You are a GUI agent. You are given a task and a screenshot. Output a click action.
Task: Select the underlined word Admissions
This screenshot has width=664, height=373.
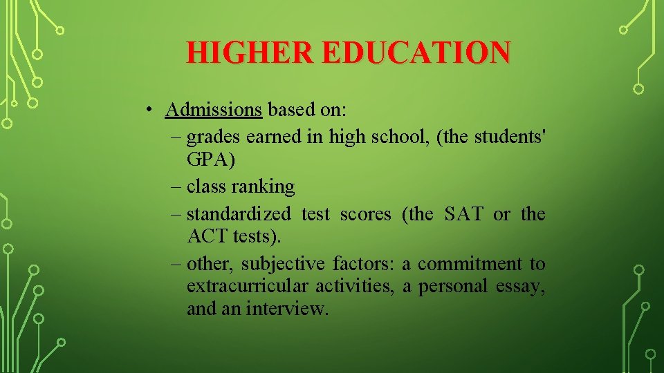click(214, 110)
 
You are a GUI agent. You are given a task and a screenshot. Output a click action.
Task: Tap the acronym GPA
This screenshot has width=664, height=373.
click(207, 160)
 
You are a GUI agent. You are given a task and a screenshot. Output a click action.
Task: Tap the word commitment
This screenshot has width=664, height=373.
click(470, 264)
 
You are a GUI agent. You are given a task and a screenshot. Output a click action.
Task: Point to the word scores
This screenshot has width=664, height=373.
click(365, 214)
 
